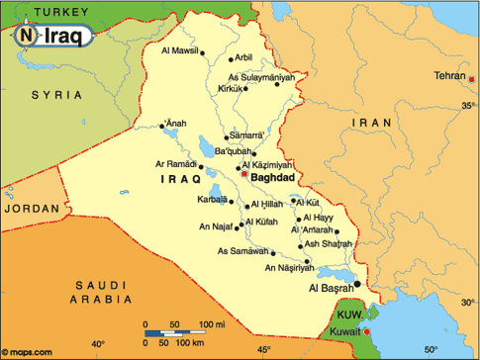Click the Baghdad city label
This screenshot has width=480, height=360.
[274, 178]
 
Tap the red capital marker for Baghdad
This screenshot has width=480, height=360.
[244, 175]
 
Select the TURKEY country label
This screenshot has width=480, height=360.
[56, 11]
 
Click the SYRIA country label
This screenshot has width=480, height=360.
[54, 94]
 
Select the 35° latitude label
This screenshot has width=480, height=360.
[467, 104]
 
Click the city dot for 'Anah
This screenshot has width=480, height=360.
[162, 126]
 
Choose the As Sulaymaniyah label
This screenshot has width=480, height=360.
[261, 76]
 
